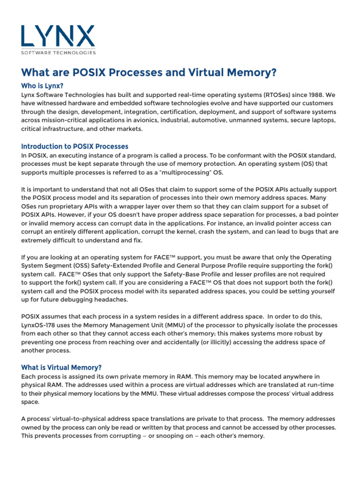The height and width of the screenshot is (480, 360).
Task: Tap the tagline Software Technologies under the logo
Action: tap(58, 52)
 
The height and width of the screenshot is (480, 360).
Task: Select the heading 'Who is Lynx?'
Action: tap(42, 86)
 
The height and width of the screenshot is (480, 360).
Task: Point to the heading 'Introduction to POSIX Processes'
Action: tap(75, 146)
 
